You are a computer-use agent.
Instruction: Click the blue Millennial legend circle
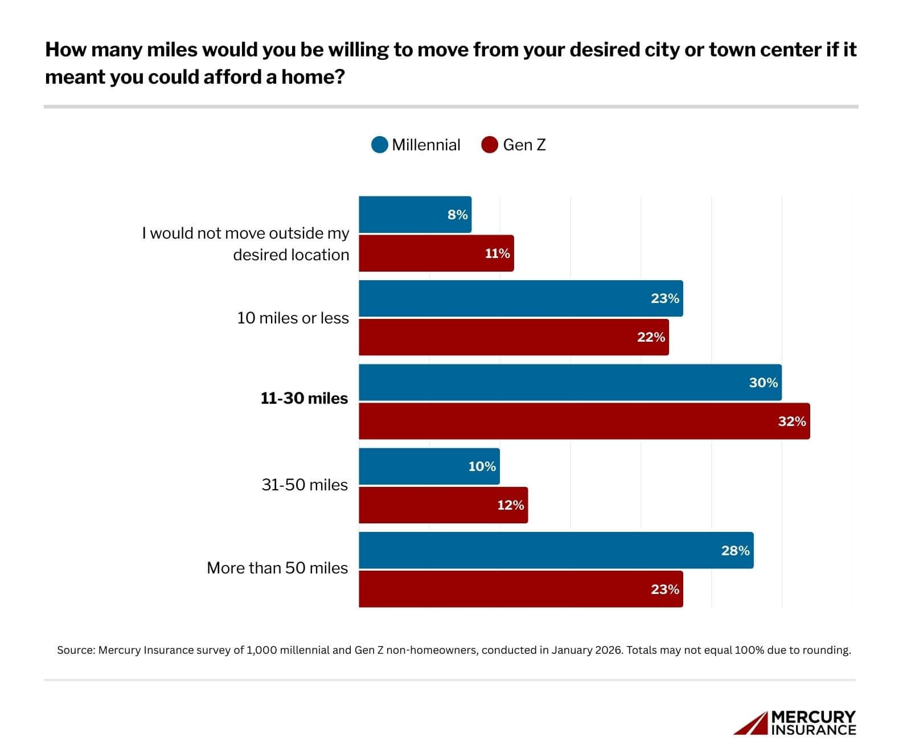click(379, 145)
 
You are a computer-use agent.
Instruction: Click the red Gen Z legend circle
click(490, 145)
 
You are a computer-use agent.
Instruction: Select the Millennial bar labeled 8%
click(415, 215)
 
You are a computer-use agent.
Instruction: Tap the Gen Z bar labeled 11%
click(436, 253)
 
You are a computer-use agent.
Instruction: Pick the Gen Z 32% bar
click(584, 421)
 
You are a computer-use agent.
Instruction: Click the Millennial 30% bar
click(569, 383)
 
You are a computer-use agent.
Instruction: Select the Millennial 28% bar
click(555, 550)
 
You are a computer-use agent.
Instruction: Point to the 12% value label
click(510, 505)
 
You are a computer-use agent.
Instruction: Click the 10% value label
click(482, 466)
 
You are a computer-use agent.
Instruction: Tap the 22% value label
click(651, 337)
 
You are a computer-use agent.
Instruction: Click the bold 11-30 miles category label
click(304, 399)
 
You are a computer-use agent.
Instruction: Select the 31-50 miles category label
click(305, 485)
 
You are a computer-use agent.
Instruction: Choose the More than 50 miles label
click(277, 568)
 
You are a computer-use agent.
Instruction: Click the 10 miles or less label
click(293, 318)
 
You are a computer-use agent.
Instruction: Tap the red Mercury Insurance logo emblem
click(750, 723)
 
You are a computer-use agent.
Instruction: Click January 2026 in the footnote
click(586, 650)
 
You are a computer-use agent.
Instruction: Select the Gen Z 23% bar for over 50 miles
click(520, 589)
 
